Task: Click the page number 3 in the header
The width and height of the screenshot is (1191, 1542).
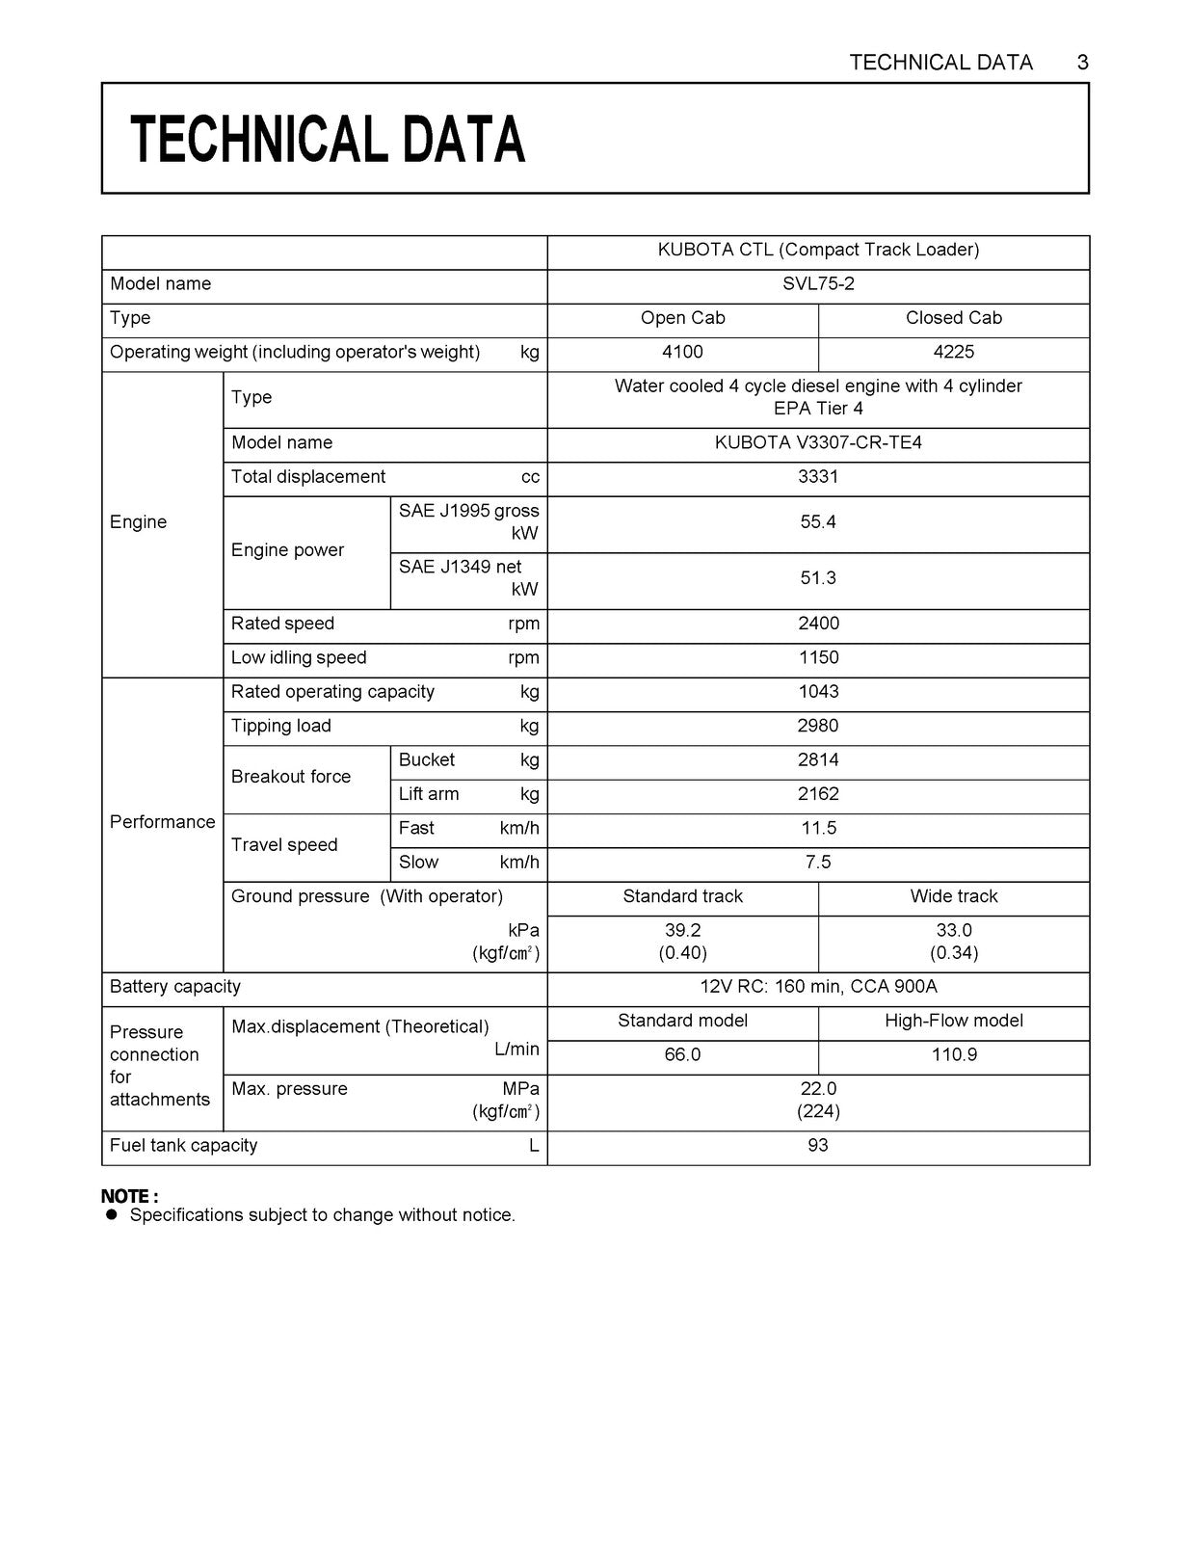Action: point(1082,63)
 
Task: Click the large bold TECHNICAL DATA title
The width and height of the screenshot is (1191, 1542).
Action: point(328,139)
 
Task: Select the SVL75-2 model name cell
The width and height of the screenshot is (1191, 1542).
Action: point(818,284)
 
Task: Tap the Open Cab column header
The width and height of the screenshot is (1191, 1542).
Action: point(682,318)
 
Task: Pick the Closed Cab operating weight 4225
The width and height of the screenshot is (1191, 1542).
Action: point(953,352)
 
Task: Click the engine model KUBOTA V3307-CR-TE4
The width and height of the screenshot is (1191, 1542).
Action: point(818,442)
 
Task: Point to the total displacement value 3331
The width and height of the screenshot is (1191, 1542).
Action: point(818,477)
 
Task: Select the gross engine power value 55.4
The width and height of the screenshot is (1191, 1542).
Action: point(818,522)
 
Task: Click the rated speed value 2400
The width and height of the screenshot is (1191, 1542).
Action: point(818,624)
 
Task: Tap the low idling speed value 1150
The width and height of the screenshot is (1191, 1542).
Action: point(818,657)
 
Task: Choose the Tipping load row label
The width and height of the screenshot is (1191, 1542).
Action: point(281,726)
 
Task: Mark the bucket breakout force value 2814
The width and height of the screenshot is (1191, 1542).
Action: point(818,760)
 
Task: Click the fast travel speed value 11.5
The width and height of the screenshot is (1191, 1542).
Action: point(818,828)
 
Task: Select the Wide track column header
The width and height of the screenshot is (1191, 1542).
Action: point(953,896)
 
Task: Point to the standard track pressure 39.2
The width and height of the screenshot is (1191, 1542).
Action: point(682,930)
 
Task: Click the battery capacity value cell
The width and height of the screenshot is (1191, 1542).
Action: point(818,987)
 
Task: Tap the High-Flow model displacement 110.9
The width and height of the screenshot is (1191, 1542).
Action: point(953,1054)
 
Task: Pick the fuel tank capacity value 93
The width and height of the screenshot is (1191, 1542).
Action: point(818,1145)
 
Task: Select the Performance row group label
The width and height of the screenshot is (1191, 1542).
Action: point(162,822)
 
